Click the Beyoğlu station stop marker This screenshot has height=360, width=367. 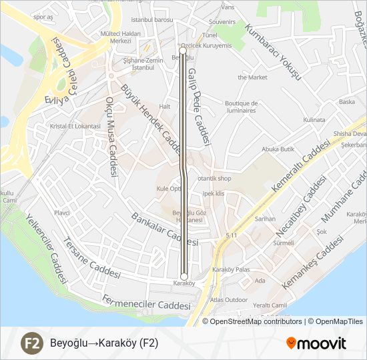point(183,50)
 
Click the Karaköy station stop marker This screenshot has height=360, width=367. point(184,276)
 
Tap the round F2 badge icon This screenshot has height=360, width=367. point(31,343)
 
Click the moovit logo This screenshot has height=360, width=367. point(316,343)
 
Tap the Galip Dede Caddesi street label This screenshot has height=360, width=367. point(198,107)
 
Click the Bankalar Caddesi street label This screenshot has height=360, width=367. point(165,229)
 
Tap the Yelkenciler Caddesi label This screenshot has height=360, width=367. point(46,247)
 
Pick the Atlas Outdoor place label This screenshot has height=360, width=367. point(228,299)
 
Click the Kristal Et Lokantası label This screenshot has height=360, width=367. point(70,126)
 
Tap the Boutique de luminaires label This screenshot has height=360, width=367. point(241,107)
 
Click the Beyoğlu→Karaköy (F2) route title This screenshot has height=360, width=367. point(104,343)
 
